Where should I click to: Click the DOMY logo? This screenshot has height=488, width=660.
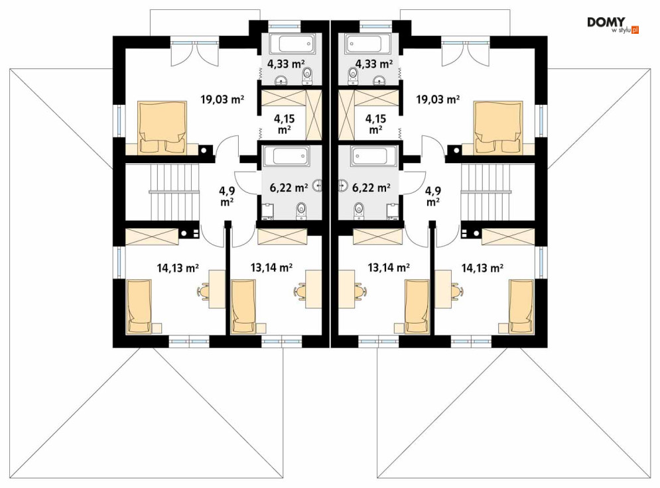coord(613,25)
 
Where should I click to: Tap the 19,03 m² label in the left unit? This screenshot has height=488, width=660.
coord(223,99)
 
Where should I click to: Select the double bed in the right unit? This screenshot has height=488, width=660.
coord(498,127)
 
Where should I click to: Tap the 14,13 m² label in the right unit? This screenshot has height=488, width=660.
coord(482,268)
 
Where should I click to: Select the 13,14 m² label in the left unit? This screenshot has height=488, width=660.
coord(271,267)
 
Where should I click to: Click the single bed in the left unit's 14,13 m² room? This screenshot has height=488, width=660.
coord(139,307)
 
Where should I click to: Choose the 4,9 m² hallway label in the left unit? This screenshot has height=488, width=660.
coord(227,196)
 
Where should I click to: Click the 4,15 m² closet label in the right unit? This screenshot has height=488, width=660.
coord(375,124)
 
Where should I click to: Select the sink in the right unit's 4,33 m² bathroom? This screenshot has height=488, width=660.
coord(380,80)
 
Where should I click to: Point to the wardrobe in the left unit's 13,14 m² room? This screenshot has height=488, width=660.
coord(283,237)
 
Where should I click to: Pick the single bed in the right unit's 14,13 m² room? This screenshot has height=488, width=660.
coord(521,307)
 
